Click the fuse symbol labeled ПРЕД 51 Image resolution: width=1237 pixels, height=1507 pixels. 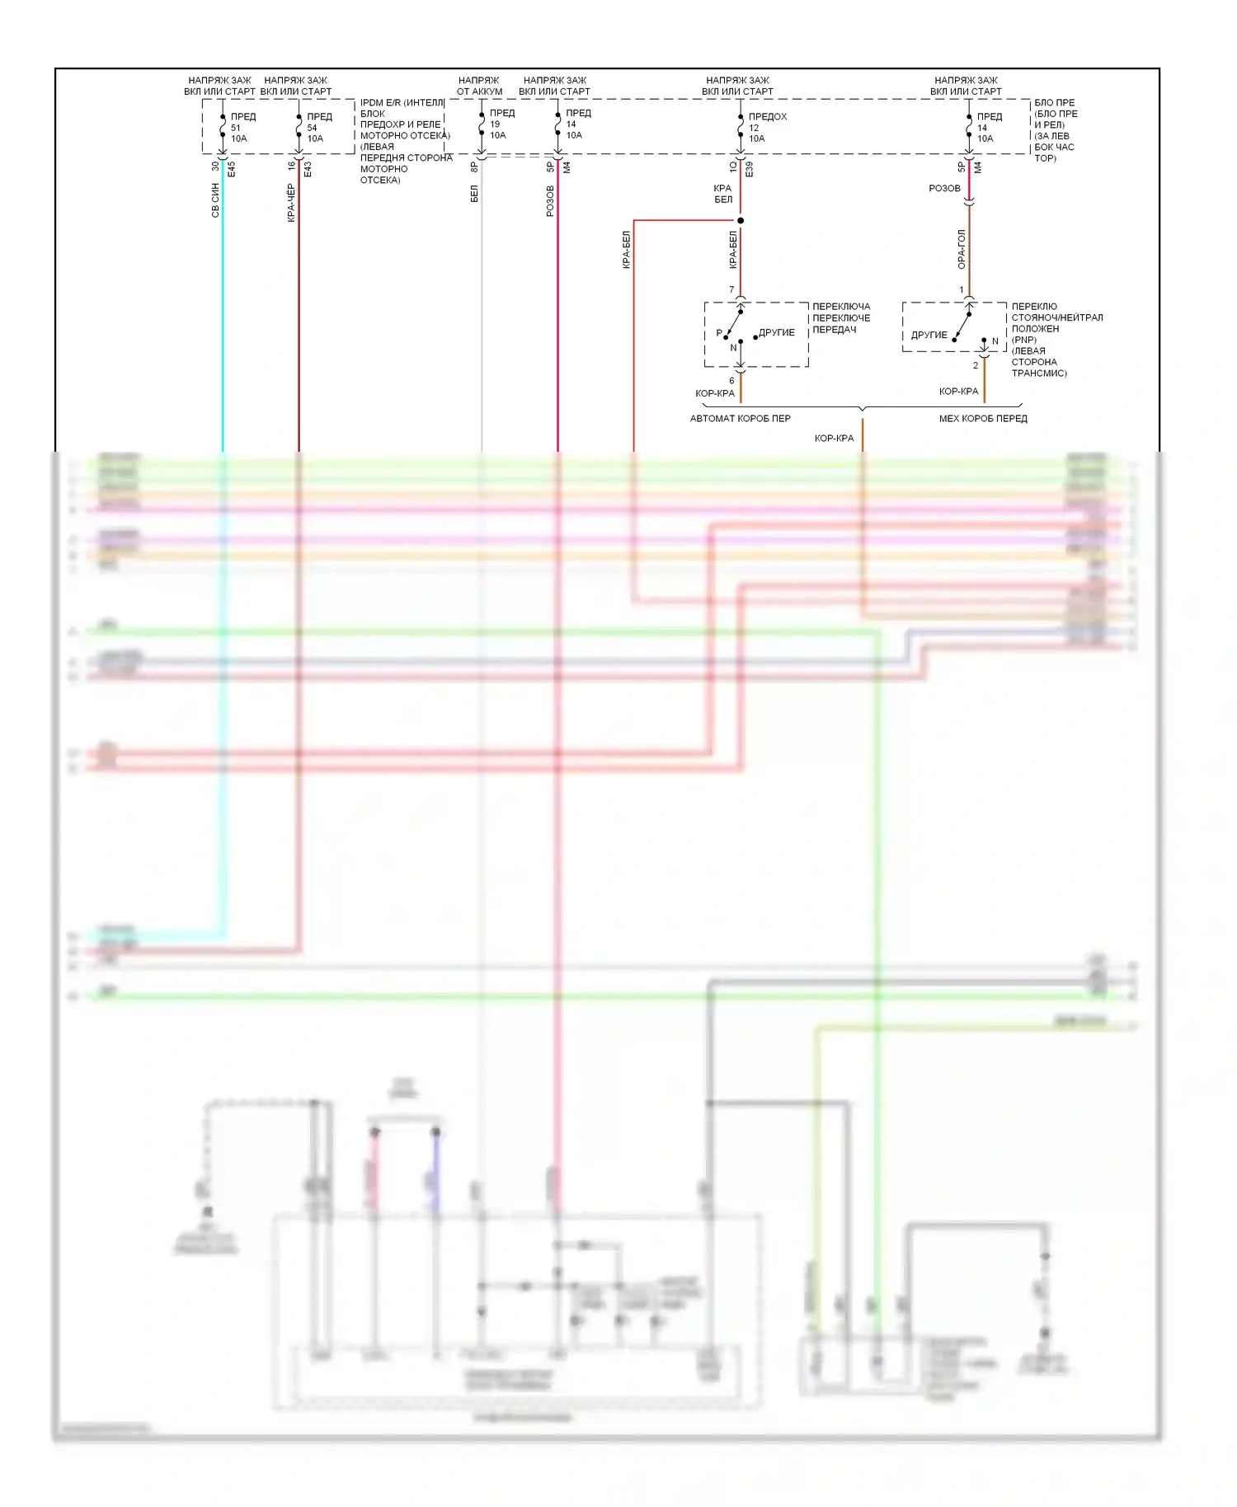coord(223,126)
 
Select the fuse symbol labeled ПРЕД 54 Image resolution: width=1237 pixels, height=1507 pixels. coord(299,126)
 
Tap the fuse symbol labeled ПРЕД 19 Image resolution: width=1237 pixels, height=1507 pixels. coord(482,124)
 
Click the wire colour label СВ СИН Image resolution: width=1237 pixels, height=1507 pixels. coord(215,200)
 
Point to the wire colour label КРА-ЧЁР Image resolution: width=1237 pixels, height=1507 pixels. coord(291,203)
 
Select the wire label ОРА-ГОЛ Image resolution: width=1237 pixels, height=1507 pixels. coord(962,249)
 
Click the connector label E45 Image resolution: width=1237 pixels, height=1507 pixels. coord(232,169)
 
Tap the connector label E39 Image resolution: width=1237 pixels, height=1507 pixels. coord(750,169)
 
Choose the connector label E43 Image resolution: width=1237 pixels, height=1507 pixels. coord(308,169)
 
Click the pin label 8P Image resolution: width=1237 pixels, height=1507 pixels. coord(474,167)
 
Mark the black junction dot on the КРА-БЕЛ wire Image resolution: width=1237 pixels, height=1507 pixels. coord(741,220)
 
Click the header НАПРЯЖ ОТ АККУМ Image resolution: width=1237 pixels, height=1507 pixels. coord(479,86)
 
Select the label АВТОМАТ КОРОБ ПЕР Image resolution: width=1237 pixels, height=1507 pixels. coord(740,419)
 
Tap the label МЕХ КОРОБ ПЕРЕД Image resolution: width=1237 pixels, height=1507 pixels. coord(983,419)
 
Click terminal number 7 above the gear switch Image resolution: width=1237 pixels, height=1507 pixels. coord(731,289)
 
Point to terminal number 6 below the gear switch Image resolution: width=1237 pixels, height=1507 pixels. coord(731,381)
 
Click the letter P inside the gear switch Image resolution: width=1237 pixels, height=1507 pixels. coord(719,333)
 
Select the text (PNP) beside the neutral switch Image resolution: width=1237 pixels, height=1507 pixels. coord(1024,340)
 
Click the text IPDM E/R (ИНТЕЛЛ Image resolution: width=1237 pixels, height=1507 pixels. coord(402,103)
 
